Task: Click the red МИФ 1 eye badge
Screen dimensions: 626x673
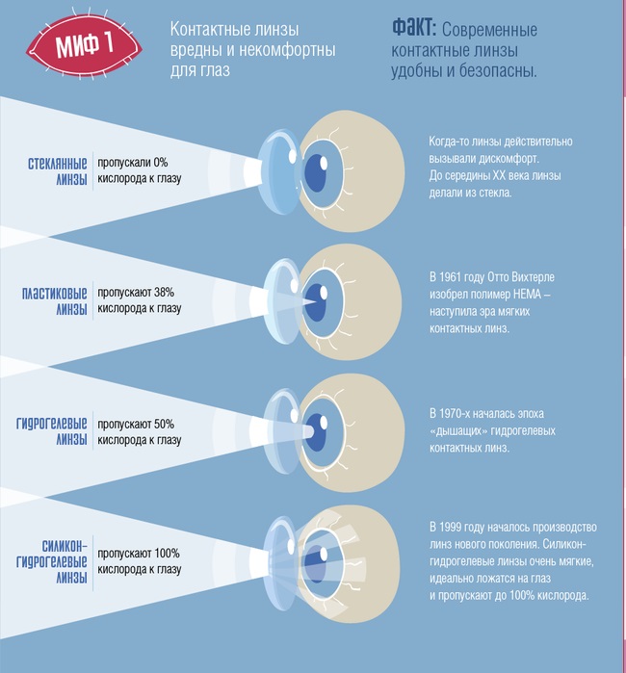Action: tap(84, 44)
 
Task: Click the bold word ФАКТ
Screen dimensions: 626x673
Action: tap(414, 28)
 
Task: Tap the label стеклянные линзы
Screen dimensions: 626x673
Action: tap(58, 170)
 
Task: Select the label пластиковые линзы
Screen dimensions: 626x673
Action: tap(55, 300)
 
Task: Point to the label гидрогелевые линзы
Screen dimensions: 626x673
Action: tap(51, 431)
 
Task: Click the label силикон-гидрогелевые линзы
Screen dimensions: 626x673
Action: tap(51, 561)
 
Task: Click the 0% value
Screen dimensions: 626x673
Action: tap(161, 163)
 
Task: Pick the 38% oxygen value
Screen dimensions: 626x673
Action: tap(164, 293)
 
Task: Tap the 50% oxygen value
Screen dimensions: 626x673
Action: tap(164, 424)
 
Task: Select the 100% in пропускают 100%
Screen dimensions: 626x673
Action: tap(167, 554)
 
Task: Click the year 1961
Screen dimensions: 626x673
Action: tap(450, 277)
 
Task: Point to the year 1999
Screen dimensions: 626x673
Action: tap(450, 527)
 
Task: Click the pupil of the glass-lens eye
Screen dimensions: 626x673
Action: tap(315, 172)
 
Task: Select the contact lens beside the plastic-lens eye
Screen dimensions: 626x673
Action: tap(280, 300)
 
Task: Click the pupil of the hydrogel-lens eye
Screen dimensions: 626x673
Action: tap(316, 432)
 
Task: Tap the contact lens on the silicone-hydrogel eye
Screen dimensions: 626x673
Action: tap(279, 563)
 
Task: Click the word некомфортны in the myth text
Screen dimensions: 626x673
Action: tap(287, 50)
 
